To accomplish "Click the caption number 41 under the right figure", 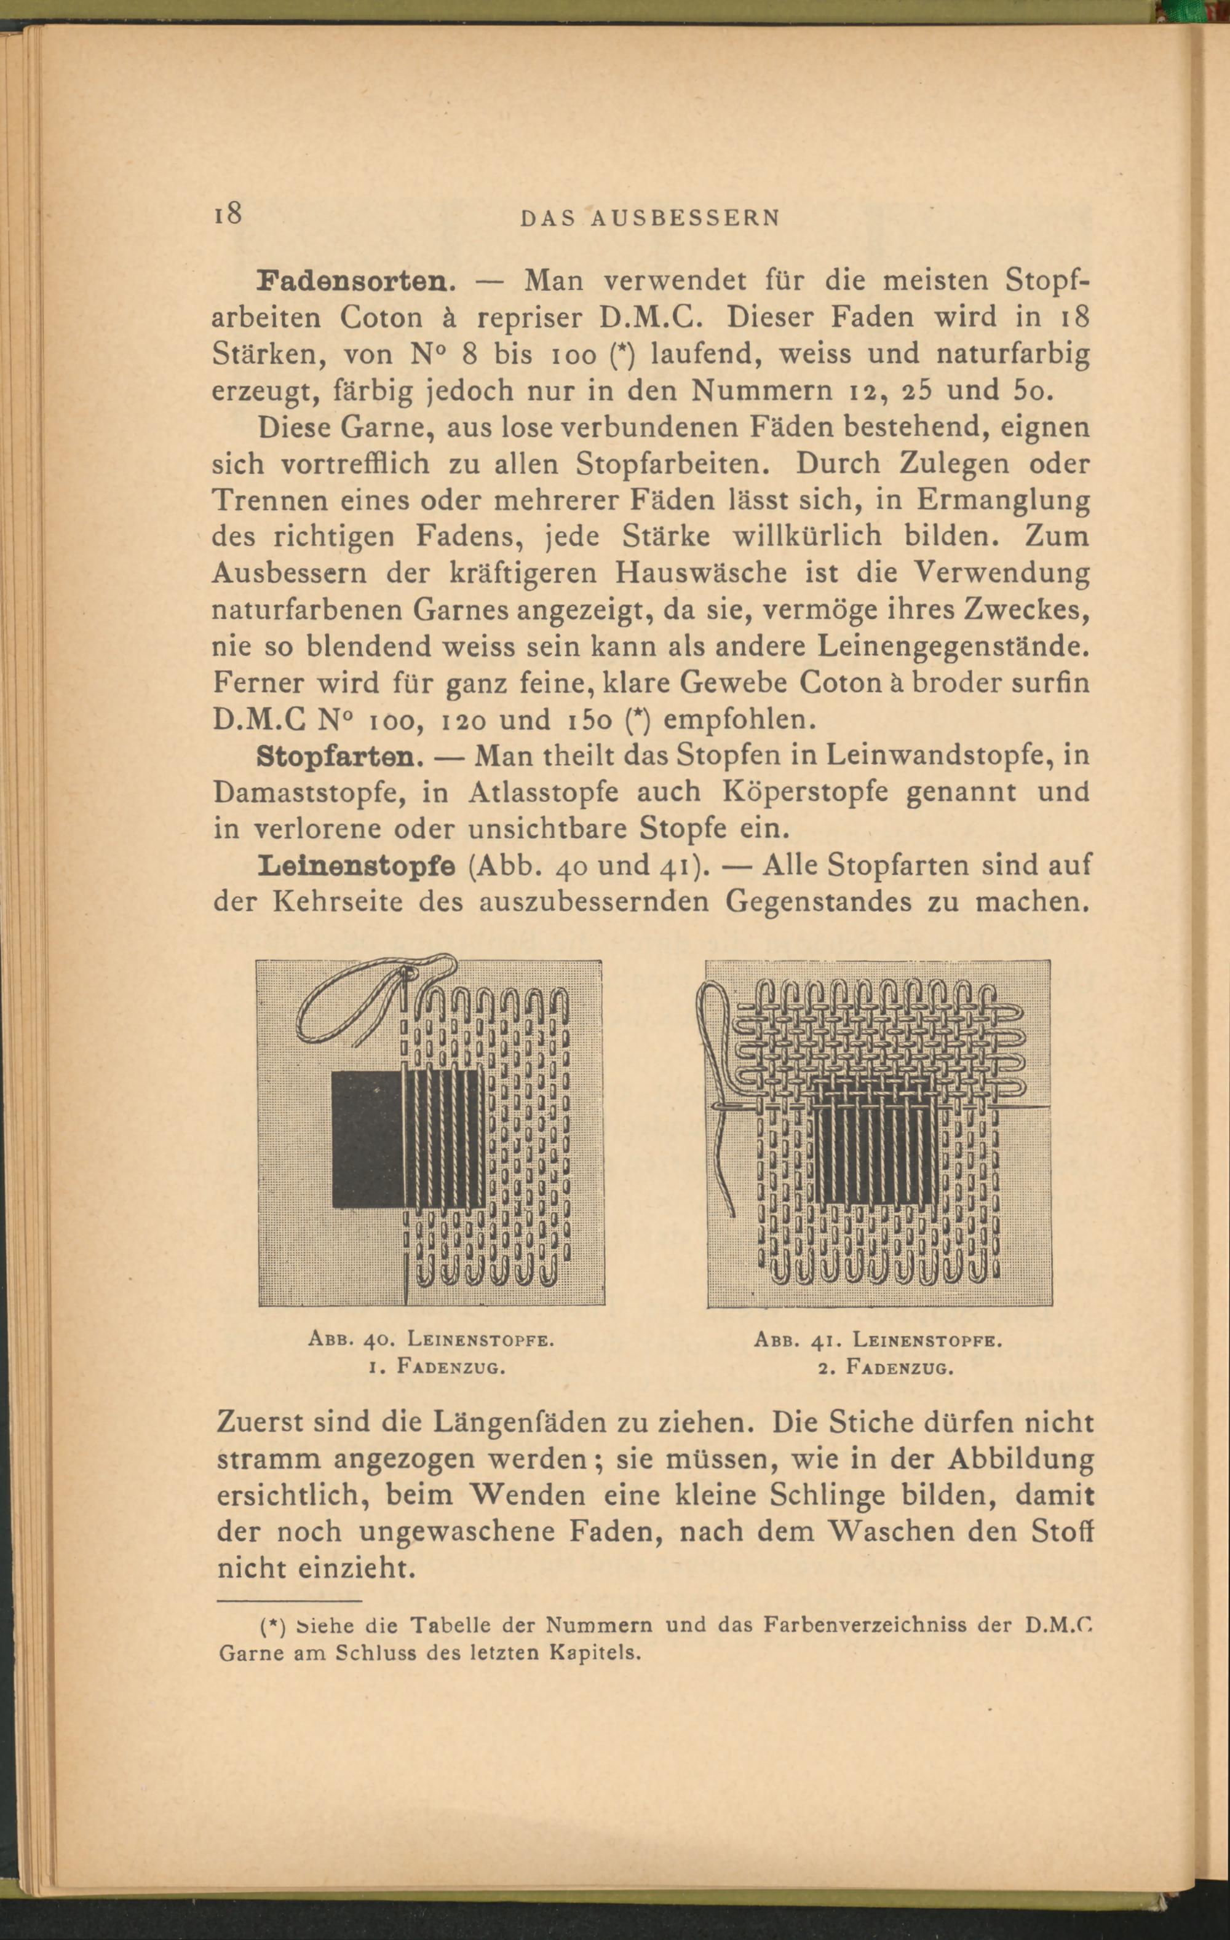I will (x=822, y=1341).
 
